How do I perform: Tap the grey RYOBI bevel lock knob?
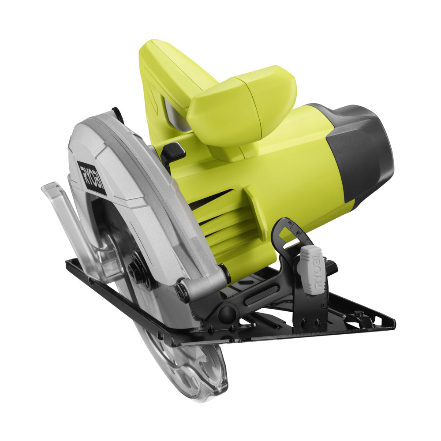pyautogui.click(x=311, y=269)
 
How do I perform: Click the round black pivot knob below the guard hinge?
pyautogui.click(x=228, y=314)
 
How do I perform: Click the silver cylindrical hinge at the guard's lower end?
pyautogui.click(x=203, y=287)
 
